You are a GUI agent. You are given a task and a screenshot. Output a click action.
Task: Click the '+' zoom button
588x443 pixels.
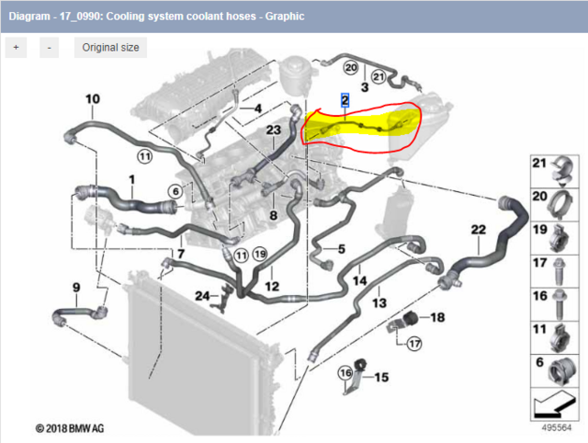16,47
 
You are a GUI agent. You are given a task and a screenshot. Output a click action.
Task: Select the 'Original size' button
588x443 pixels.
110,47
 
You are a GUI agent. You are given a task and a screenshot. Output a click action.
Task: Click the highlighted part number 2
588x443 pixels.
345,99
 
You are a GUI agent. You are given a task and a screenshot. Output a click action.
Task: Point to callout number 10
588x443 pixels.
93,99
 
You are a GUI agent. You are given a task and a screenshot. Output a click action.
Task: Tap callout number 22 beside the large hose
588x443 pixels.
478,229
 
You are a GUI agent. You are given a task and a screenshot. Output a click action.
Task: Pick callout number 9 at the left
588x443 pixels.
75,287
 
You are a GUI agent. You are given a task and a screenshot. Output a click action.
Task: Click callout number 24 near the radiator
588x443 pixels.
201,294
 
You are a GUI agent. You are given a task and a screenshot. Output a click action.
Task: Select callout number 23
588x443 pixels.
273,131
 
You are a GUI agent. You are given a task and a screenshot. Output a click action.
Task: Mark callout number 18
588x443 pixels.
437,317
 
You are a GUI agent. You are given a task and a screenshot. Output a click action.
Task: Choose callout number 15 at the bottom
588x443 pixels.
380,377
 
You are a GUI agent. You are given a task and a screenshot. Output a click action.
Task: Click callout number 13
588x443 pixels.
379,301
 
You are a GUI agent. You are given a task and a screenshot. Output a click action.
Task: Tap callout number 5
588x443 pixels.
340,249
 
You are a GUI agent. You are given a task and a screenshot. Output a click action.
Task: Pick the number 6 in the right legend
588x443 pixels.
541,364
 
